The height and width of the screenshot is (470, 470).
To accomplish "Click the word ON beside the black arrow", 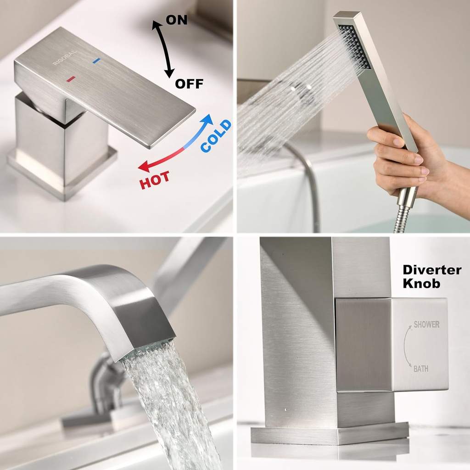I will pyautogui.click(x=177, y=20).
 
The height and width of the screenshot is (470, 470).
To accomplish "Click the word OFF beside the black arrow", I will pyautogui.click(x=189, y=84).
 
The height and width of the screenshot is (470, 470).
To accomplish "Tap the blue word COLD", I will pyautogui.click(x=216, y=136).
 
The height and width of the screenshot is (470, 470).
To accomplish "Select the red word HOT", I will pyautogui.click(x=154, y=179).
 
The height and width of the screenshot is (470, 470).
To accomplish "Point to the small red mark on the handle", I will pyautogui.click(x=71, y=79).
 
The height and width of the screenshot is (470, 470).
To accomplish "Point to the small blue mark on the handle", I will pyautogui.click(x=96, y=61).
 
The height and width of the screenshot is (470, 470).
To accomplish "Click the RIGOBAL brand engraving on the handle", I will pyautogui.click(x=65, y=58).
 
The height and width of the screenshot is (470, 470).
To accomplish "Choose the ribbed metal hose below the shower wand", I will pyautogui.click(x=400, y=220).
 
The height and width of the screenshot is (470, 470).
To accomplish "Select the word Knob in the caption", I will pyautogui.click(x=421, y=284).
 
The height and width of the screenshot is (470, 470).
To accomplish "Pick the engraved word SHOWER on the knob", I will pyautogui.click(x=426, y=325).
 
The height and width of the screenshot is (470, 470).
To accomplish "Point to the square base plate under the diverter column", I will pyautogui.click(x=329, y=433).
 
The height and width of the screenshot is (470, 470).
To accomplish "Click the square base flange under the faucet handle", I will pyautogui.click(x=62, y=172).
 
